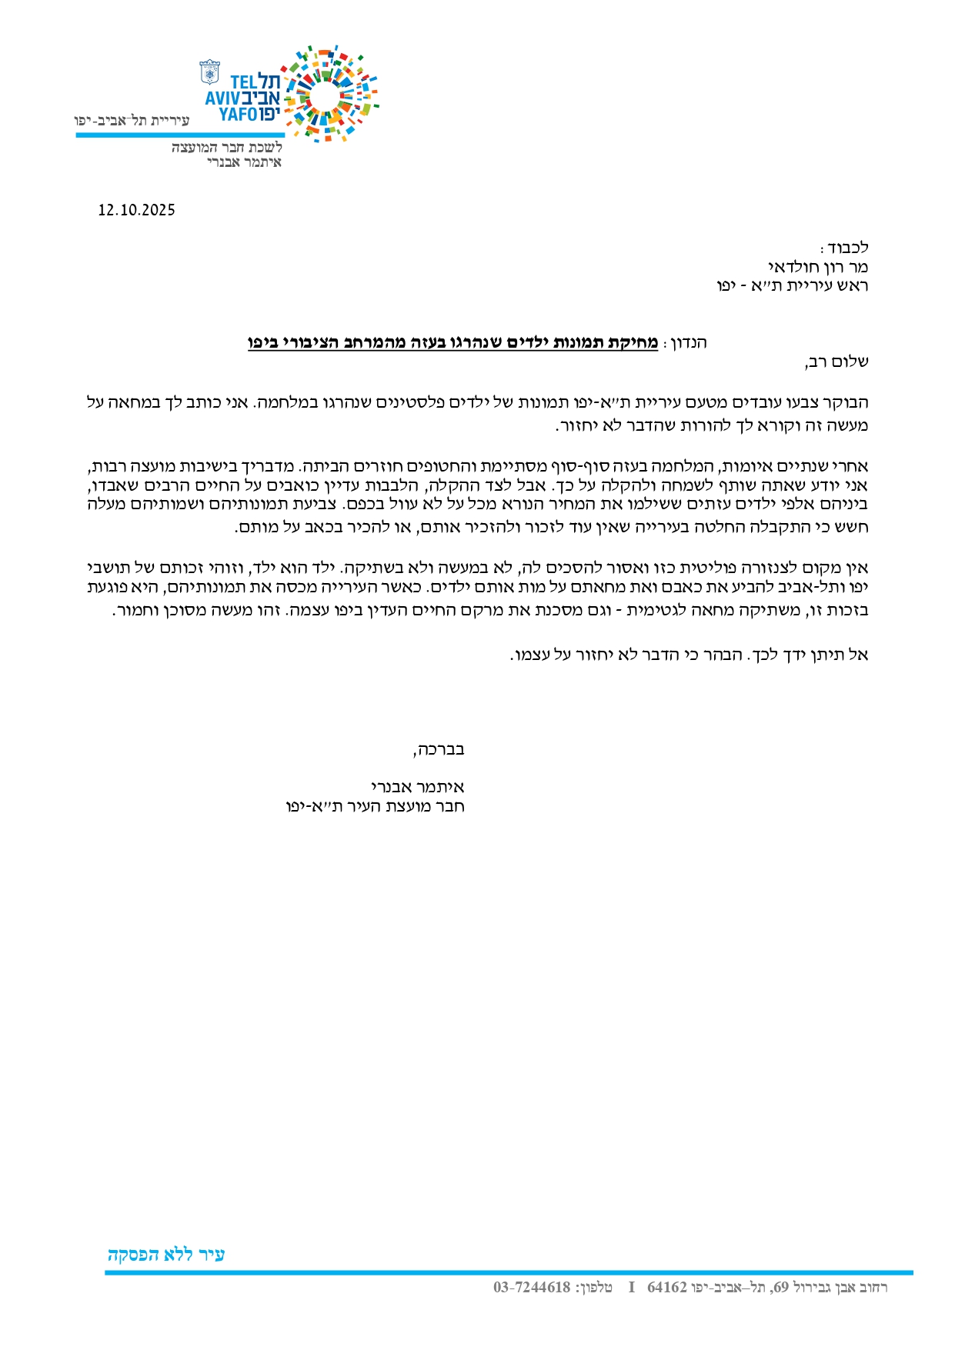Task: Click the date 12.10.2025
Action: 136,210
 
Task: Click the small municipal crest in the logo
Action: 209,72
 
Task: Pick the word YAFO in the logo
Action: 238,115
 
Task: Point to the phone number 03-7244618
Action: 532,1287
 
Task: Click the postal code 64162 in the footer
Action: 666,1287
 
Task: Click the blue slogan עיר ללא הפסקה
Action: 166,1254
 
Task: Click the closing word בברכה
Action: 439,749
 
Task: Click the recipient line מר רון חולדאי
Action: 818,267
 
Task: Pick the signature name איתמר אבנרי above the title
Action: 418,787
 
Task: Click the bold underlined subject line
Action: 452,343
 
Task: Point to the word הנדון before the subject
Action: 688,343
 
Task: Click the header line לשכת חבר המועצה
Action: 227,148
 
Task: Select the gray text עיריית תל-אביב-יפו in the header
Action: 132,121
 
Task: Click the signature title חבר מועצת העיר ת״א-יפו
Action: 376,806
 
